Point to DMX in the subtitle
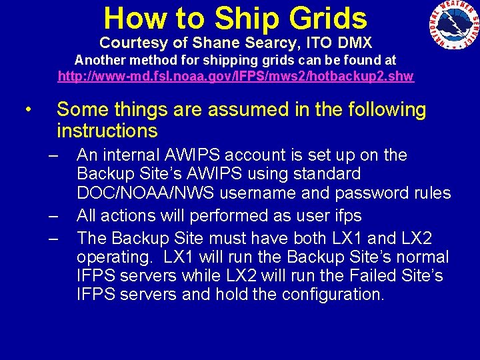point(355,43)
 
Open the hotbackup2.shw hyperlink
point(236,76)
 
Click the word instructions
point(107,131)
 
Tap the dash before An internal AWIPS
point(54,156)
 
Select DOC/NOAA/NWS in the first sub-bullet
point(138,193)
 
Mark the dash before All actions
point(54,217)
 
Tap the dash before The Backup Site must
point(54,238)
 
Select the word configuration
point(333,294)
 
